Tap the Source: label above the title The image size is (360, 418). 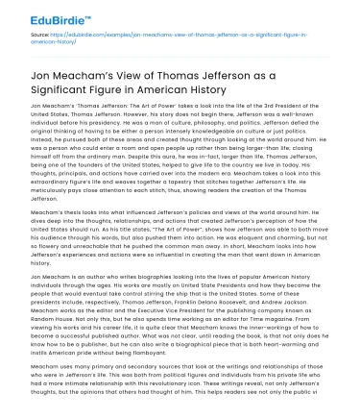pos(41,35)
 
